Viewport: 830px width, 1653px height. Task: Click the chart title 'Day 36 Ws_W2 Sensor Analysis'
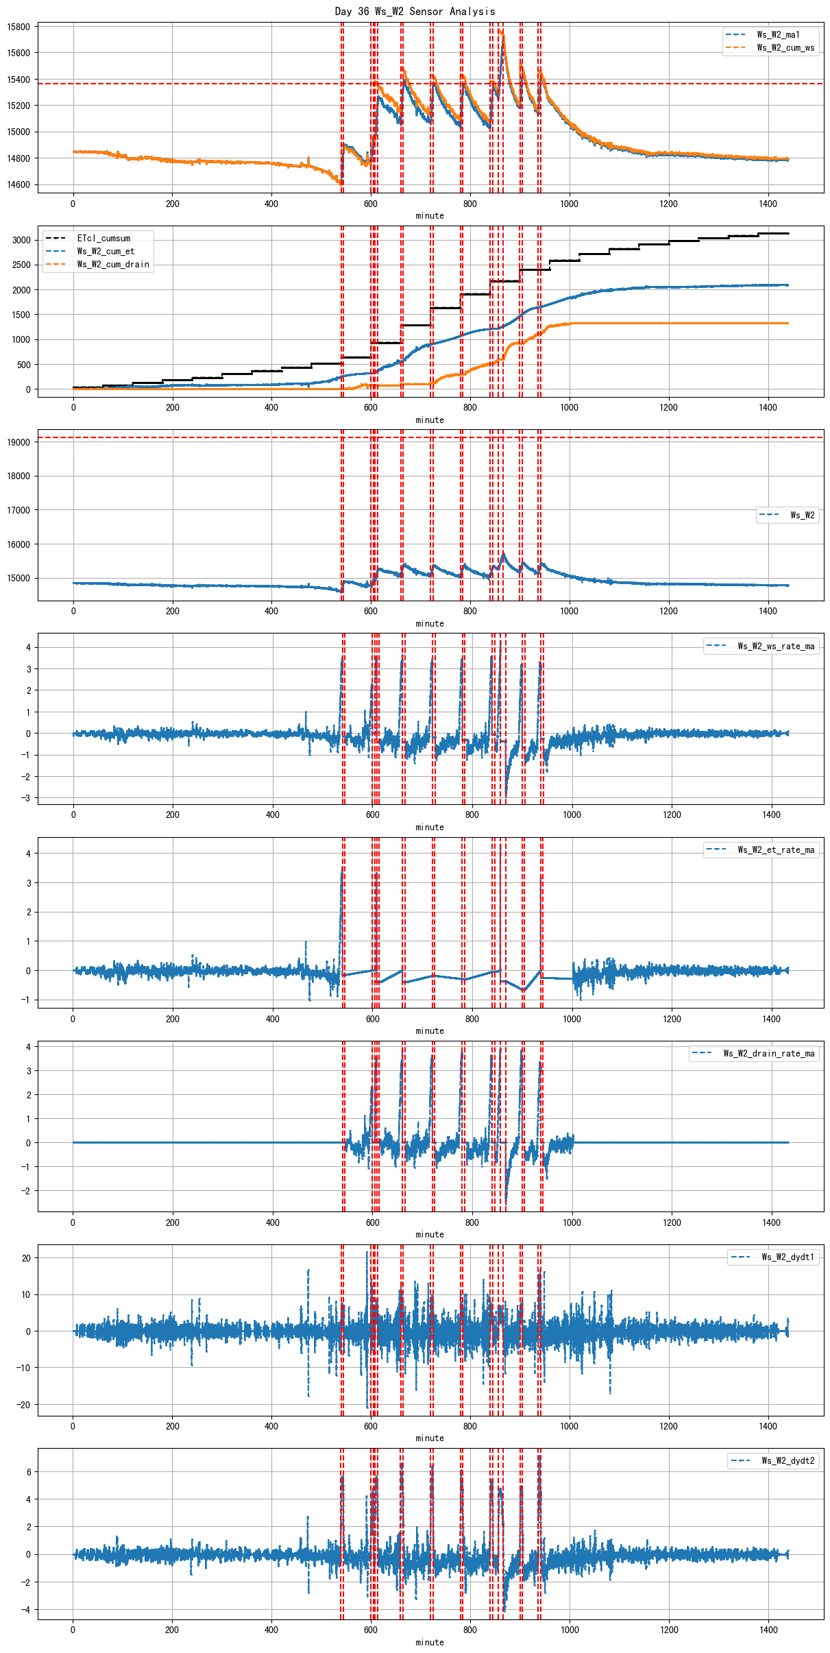415,11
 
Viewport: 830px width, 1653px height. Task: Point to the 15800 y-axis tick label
19,27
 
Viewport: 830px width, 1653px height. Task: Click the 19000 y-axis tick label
19,443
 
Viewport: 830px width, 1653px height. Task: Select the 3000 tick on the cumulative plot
21,241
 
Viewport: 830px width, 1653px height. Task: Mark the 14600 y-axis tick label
19,185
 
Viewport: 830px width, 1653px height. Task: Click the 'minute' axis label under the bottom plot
430,1643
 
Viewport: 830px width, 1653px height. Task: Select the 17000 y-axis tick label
19,511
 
